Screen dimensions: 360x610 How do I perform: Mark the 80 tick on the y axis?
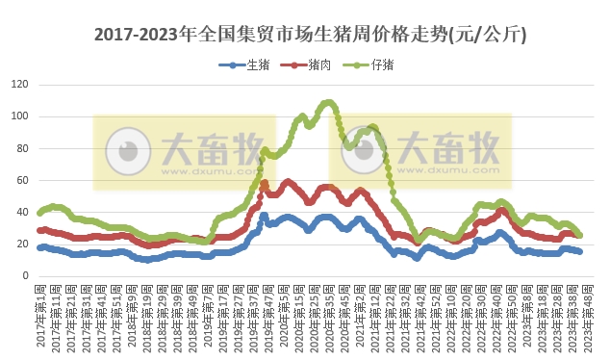click(x=20, y=148)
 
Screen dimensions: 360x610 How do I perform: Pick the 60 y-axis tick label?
click(x=20, y=180)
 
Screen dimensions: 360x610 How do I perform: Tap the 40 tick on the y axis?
click(x=20, y=212)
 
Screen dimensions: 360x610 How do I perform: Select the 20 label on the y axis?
click(x=20, y=244)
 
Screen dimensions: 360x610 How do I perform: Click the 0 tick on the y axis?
click(x=23, y=275)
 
